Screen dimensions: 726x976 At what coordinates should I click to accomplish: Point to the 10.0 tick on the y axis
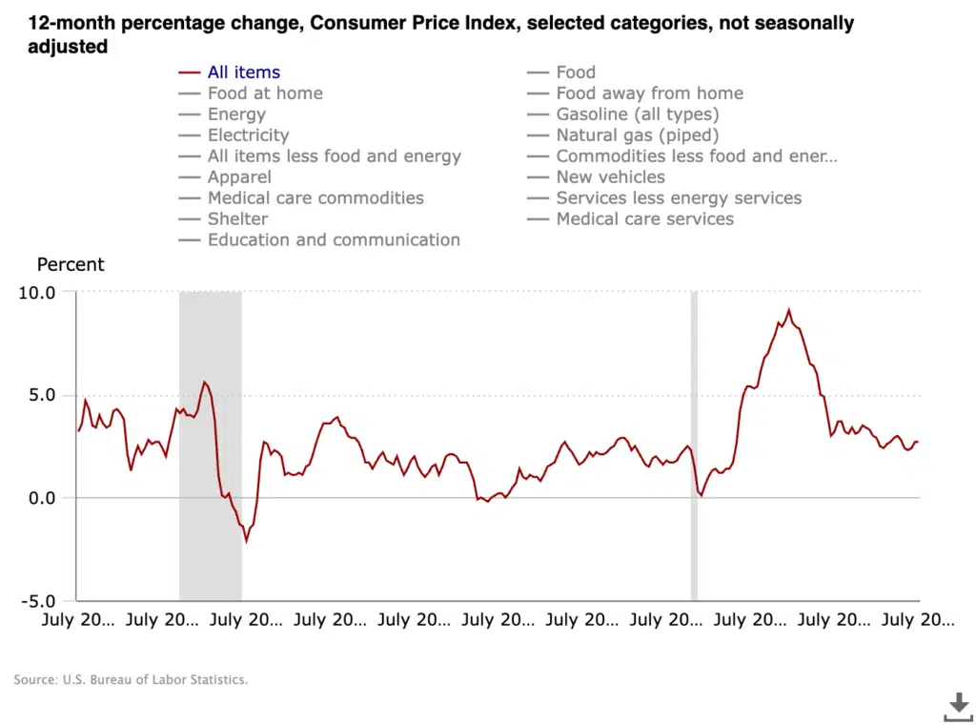coord(37,292)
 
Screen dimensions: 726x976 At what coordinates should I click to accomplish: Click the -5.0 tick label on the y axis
coord(37,601)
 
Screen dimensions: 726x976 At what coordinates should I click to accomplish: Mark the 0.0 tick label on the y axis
coord(42,498)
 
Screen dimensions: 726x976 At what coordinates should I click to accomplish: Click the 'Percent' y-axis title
coord(71,265)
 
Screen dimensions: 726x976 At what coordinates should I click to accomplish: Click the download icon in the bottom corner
coord(957,707)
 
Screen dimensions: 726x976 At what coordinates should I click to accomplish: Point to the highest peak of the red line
coord(788,310)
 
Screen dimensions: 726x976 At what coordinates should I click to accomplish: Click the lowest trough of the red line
coord(246,541)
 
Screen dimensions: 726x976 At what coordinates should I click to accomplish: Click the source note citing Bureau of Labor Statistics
coord(131,680)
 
